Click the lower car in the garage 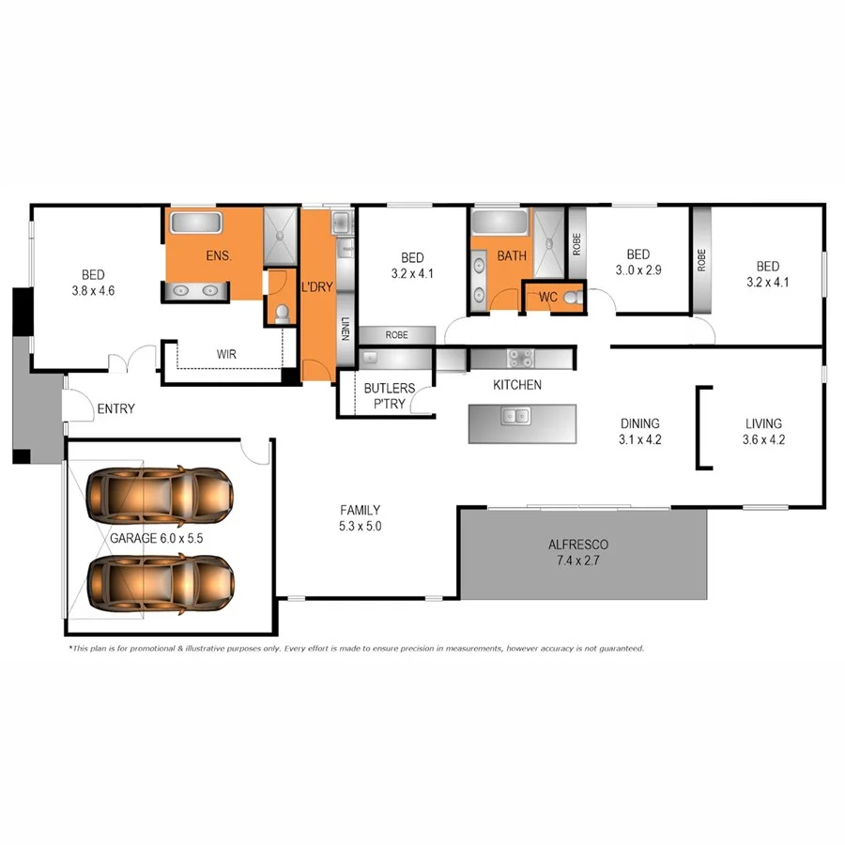point(160,582)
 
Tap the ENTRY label point(116,408)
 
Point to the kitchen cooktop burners point(520,358)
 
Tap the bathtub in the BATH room point(499,223)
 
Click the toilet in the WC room point(572,298)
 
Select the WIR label point(226,355)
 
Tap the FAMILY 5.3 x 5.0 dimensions point(361,517)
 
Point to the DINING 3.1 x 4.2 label point(640,431)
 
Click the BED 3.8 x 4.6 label point(93,283)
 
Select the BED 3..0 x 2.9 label point(638,262)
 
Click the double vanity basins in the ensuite point(195,292)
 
